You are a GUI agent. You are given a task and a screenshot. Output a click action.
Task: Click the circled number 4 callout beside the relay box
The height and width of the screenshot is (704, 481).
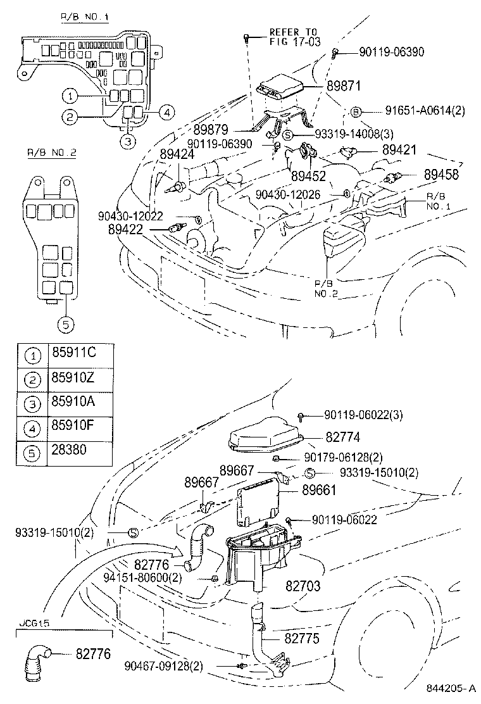(x=165, y=113)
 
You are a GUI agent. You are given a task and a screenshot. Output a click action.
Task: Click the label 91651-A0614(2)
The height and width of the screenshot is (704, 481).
(x=417, y=111)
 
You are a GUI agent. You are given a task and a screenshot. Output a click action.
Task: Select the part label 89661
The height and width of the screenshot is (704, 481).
(x=320, y=489)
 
